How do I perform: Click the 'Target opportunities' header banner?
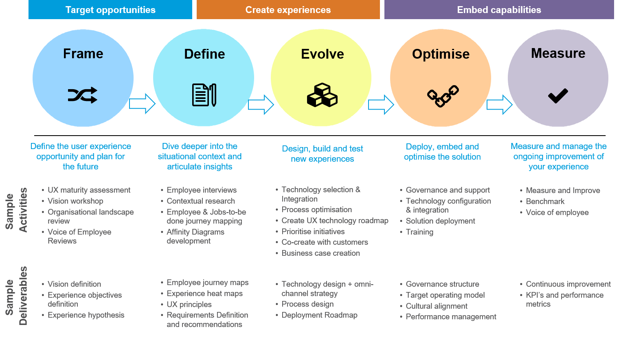coord(110,10)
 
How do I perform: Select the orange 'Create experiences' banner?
coord(288,10)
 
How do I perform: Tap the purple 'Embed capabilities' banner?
coord(499,10)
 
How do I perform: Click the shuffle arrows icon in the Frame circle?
coord(83,95)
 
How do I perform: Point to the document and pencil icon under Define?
coord(204,95)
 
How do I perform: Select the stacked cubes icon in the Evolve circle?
coord(322,95)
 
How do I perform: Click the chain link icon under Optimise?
coord(443,96)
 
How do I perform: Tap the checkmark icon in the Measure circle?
coord(558,96)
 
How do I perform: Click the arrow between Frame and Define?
coord(142,103)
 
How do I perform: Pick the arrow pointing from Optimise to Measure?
coord(499,105)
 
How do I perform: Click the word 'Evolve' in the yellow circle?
coord(322,54)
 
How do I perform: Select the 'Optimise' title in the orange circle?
coord(441,54)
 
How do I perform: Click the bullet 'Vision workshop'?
coord(75,201)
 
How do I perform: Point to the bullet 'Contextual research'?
coord(200,201)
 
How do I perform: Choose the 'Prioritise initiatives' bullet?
coord(313,232)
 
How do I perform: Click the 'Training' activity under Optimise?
coord(419,232)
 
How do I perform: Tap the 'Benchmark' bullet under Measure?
coord(545,202)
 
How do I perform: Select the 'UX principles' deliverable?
coord(189,305)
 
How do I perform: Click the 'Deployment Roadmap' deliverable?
coord(319,315)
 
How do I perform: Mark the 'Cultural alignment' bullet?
coord(437,306)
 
